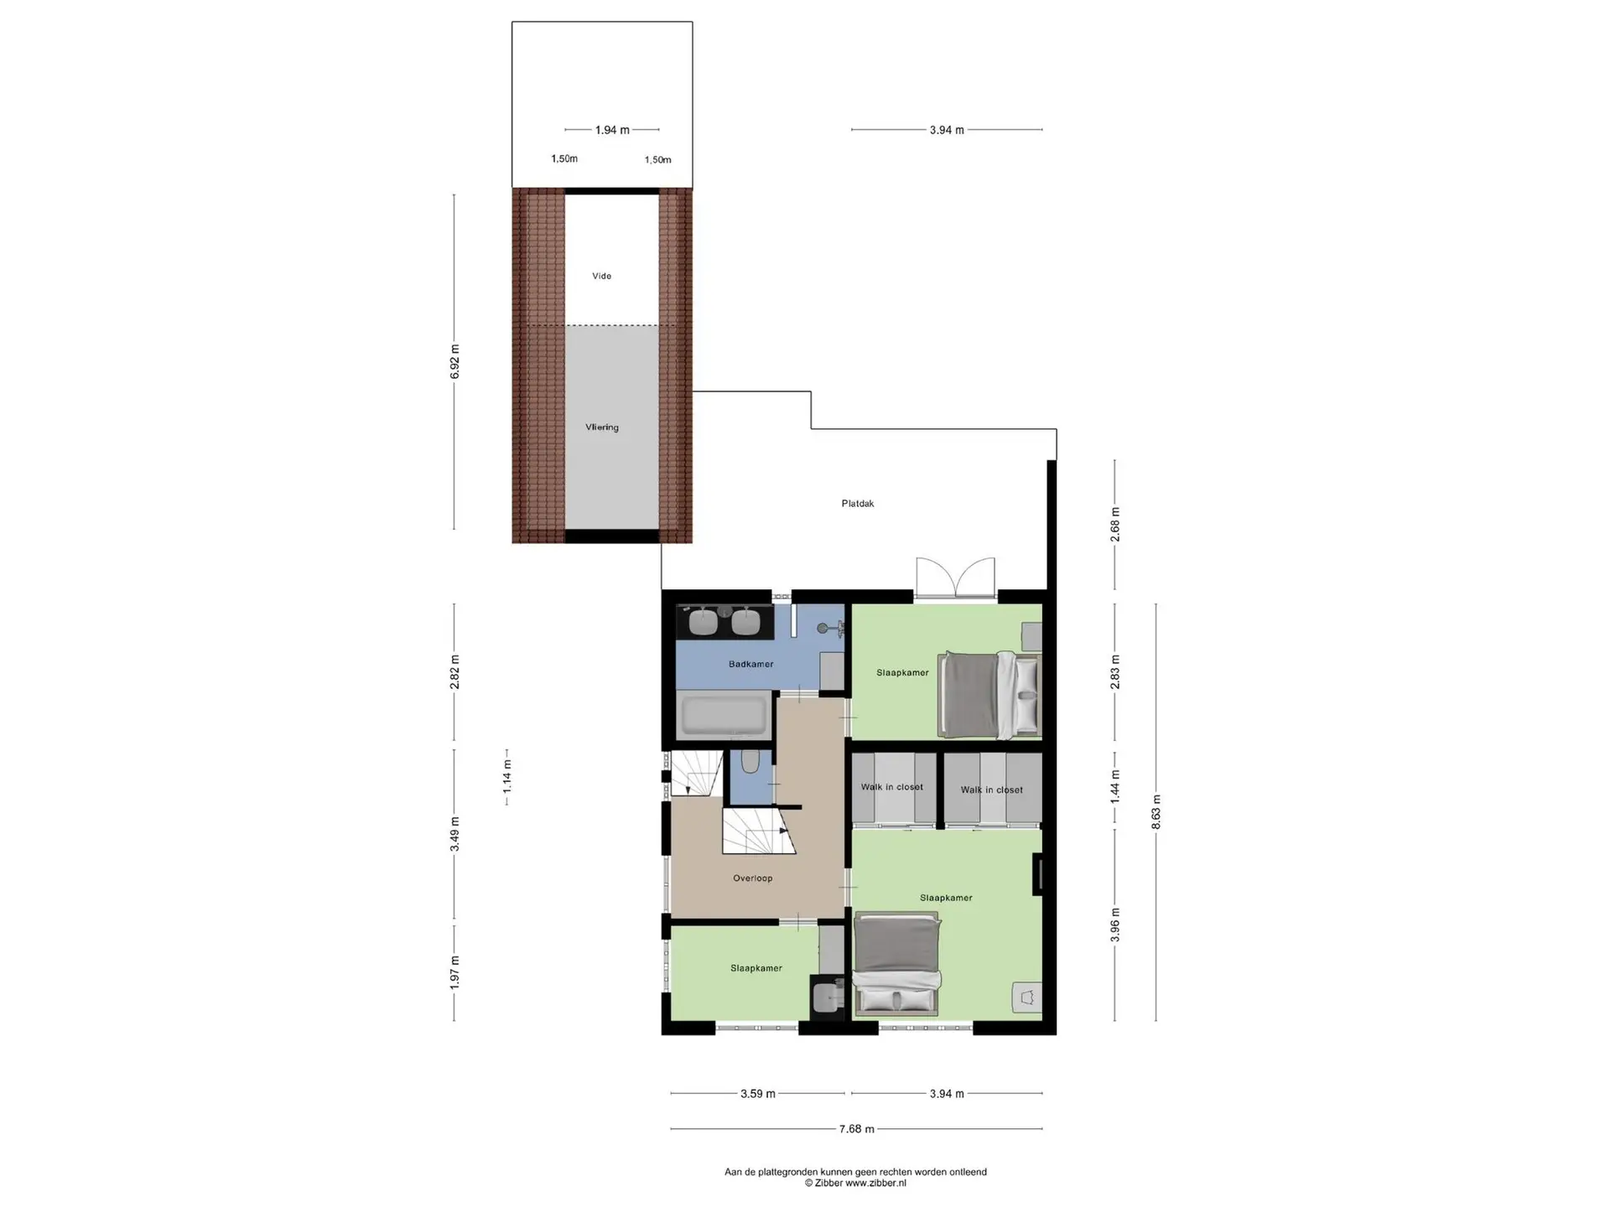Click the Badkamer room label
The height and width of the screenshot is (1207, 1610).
pos(750,664)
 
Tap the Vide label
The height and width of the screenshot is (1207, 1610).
pos(601,276)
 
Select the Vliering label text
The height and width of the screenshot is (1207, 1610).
pos(601,427)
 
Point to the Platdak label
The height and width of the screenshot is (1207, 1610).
pos(858,504)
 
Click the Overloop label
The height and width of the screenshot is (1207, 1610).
pos(752,878)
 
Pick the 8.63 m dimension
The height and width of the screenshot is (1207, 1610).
pos(1156,812)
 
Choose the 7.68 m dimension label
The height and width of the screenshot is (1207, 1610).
pos(856,1129)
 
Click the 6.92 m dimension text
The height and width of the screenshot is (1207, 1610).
pos(454,362)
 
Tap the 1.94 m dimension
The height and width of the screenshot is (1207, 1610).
pos(612,130)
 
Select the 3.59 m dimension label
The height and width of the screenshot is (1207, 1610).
pos(757,1094)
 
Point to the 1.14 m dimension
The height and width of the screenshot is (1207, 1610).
pos(506,776)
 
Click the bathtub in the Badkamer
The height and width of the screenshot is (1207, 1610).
pos(724,715)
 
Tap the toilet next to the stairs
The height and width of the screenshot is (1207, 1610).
pos(750,761)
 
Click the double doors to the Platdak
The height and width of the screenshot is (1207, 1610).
pos(955,577)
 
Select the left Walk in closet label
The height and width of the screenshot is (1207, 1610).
pos(891,787)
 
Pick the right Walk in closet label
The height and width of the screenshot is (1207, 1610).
pos(991,790)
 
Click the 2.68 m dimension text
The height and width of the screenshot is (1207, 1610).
pos(1114,525)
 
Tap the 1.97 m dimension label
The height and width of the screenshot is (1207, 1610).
pos(454,972)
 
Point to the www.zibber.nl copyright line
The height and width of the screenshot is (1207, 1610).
pos(855,1184)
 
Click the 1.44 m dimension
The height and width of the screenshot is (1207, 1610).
pos(1114,787)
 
